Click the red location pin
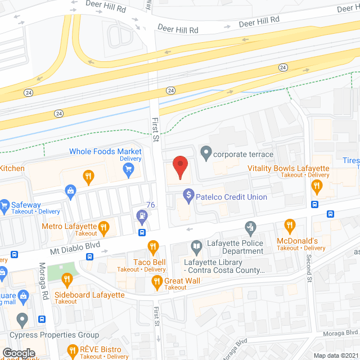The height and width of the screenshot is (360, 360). coord(180,167)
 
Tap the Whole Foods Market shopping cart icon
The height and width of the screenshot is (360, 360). coord(129,168)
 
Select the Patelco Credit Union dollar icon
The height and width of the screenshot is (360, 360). coord(188,197)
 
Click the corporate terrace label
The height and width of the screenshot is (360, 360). coord(243,154)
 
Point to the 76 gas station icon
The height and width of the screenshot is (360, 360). coord(142,215)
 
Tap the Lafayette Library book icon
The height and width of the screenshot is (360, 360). coord(196,245)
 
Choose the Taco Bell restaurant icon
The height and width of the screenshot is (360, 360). coord(152,246)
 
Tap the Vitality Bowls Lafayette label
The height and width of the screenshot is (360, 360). coord(289,168)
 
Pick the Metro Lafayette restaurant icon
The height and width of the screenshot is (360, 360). coord(103,227)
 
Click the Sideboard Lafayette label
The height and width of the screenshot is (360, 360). coord(89,295)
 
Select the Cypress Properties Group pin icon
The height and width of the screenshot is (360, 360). coord(22,321)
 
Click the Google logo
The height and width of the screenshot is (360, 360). coord(19,353)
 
